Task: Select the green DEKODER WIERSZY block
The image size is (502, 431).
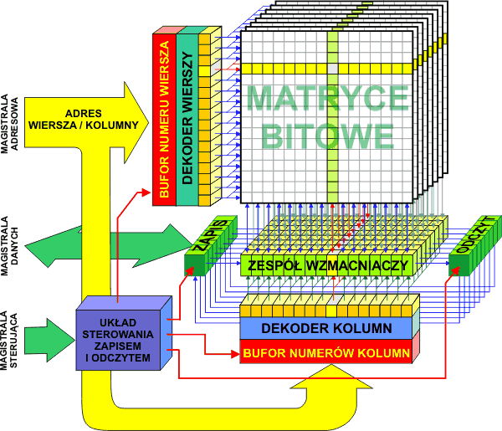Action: click(187, 117)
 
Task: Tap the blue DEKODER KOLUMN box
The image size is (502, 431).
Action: click(327, 328)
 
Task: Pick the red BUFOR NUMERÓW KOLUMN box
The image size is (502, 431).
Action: click(327, 351)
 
